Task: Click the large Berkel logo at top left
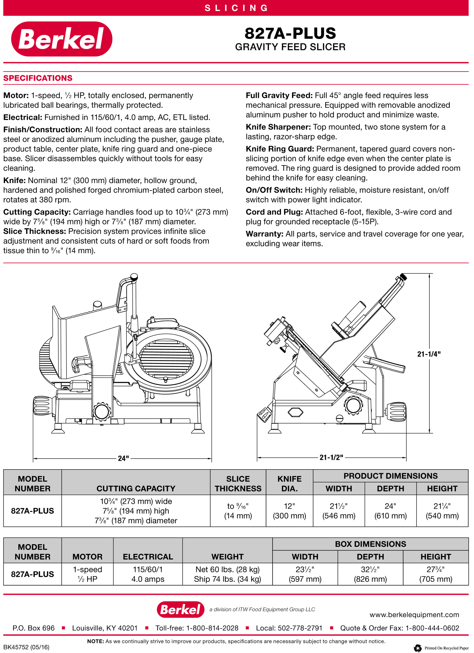(61, 39)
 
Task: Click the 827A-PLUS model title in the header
(290, 33)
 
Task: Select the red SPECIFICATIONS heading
(38, 78)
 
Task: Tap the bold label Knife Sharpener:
(278, 127)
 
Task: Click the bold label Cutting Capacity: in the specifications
(37, 212)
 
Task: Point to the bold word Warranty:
(264, 234)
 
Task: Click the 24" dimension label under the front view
(123, 458)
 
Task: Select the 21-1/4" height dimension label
(429, 354)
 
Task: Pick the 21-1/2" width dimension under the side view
(331, 457)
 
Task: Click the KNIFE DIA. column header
(289, 483)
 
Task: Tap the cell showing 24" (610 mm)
(390, 511)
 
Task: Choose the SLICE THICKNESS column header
(238, 483)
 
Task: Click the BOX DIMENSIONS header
(370, 544)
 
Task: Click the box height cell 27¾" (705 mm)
(436, 574)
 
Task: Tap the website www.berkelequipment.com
(414, 615)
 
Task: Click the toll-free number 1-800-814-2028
(212, 628)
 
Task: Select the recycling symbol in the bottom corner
(417, 648)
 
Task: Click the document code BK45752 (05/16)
(26, 647)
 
